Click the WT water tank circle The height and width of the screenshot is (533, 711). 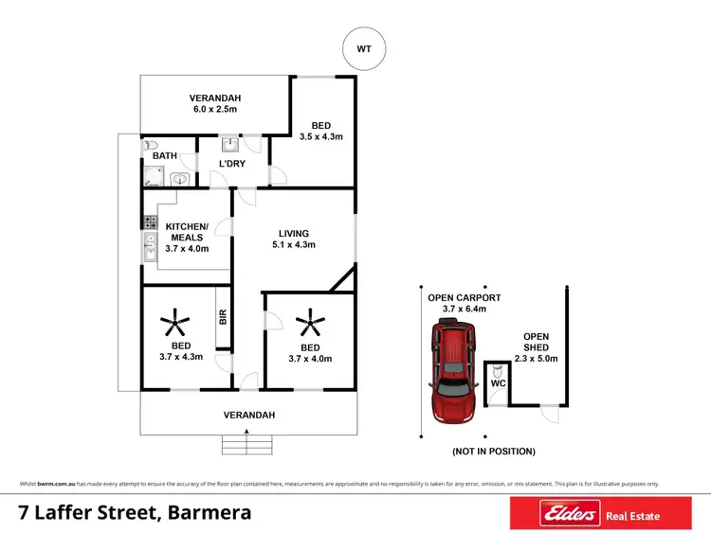point(365,48)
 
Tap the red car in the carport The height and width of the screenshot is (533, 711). point(456,370)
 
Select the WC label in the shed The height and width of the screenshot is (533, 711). point(497,384)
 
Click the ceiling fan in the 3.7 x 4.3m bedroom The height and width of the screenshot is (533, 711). point(174,326)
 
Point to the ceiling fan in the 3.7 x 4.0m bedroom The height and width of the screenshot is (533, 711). point(309,327)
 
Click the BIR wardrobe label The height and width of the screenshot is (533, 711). point(224,318)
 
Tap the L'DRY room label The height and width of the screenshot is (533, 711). point(233,165)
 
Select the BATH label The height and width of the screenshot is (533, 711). point(166,156)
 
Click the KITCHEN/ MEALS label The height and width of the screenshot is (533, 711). point(187,232)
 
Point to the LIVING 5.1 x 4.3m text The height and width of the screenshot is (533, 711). point(294,239)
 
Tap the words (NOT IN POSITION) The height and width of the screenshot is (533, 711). point(494,451)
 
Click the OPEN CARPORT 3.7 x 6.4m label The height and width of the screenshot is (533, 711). point(465,303)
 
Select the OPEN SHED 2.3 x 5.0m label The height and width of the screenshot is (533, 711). point(537,346)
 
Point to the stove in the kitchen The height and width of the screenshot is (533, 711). point(149,222)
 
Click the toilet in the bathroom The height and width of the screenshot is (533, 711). point(152,147)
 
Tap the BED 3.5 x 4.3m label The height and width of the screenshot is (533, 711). point(322,131)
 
